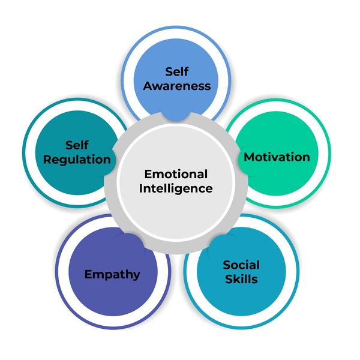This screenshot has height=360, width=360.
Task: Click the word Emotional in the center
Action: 176,174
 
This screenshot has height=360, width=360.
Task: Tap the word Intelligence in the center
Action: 176,188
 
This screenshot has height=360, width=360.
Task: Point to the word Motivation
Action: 277,157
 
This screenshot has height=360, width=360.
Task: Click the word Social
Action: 241,265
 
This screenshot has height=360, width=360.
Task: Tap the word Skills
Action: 241,279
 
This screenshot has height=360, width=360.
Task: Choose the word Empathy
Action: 112,274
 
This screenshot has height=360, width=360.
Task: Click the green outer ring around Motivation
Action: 328,157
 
